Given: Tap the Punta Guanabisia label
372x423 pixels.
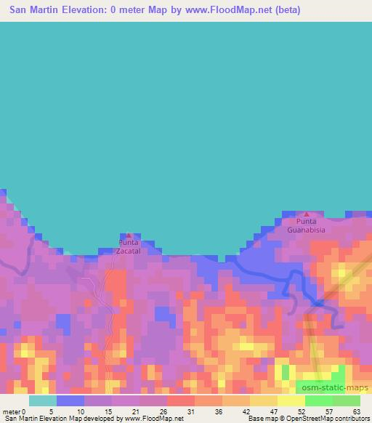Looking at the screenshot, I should tap(305, 225).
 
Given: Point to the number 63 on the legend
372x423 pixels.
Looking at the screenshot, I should tap(355, 411).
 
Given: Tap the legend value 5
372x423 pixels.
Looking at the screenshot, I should tap(52, 411).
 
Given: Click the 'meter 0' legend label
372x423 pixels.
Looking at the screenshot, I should tap(15, 411).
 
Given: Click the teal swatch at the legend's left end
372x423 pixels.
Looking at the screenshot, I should tap(42, 400).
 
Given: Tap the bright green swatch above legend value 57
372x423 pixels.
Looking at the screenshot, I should tap(318, 400).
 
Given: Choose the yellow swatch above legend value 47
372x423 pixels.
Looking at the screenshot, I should tap(263, 400).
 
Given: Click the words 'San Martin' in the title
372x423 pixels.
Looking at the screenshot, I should tap(34, 10).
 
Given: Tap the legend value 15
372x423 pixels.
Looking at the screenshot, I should tap(107, 411).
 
